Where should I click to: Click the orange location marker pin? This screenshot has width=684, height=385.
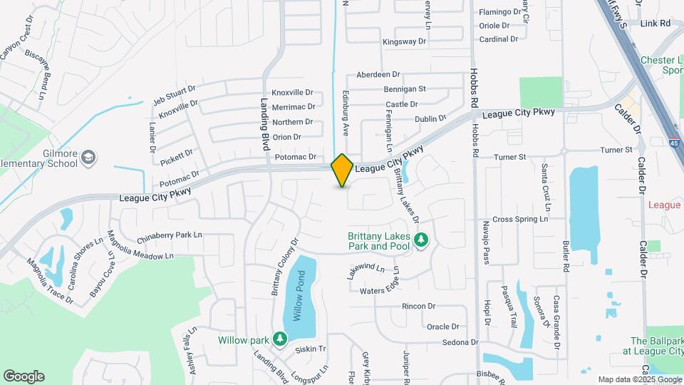click(x=342, y=170)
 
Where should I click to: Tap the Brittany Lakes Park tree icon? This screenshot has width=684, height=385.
click(x=421, y=240)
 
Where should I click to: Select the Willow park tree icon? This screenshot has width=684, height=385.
click(x=281, y=337)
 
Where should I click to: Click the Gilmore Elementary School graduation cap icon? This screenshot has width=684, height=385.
click(x=88, y=157)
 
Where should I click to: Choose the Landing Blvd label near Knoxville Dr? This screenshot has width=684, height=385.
click(x=264, y=118)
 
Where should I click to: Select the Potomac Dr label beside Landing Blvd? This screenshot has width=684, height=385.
click(x=294, y=157)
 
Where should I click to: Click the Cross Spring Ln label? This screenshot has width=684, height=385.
click(x=519, y=219)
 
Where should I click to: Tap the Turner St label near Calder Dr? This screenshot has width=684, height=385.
click(x=616, y=150)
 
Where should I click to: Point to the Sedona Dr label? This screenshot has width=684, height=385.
click(x=459, y=343)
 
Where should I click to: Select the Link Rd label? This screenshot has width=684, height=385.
click(x=655, y=24)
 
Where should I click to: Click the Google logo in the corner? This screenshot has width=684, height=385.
click(x=24, y=376)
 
